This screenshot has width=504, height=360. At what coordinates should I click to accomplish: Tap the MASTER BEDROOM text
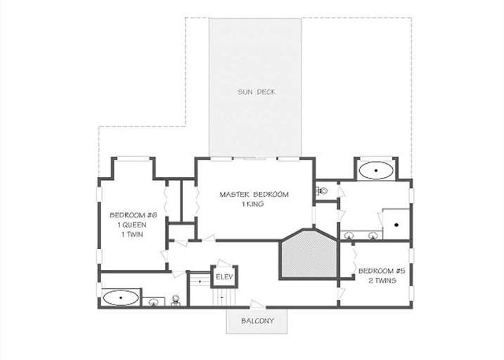(254, 194)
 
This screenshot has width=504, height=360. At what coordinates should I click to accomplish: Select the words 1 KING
(254, 204)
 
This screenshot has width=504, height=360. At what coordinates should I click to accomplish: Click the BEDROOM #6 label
(133, 215)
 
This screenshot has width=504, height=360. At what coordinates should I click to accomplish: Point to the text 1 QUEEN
(133, 225)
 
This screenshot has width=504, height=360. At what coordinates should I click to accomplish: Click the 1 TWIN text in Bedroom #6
(133, 235)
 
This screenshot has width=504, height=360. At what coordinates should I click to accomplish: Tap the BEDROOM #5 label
(381, 271)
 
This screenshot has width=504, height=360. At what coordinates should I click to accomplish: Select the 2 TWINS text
(381, 280)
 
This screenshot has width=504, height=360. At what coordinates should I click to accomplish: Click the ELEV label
(224, 276)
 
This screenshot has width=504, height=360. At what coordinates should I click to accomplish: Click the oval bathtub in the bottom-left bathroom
(121, 298)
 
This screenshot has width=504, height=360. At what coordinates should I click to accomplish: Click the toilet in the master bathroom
(323, 191)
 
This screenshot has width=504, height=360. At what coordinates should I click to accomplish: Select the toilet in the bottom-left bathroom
(175, 301)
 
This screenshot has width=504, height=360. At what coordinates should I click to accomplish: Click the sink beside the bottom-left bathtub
(153, 302)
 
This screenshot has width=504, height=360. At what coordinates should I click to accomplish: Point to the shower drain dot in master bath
(396, 225)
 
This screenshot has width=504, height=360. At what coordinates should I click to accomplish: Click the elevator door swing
(224, 263)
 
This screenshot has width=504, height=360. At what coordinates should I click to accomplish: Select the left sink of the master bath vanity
(349, 236)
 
